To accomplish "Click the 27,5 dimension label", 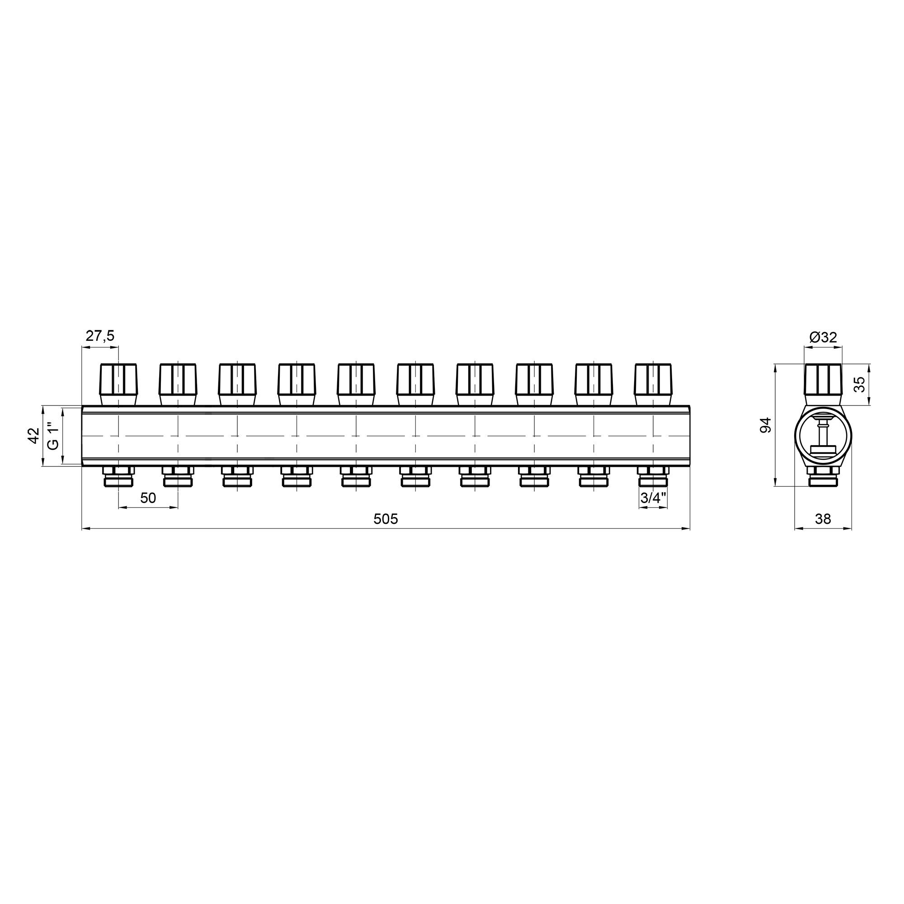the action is (99, 335).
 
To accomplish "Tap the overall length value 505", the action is (386, 518).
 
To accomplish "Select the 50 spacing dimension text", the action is (148, 498).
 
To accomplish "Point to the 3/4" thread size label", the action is (653, 498).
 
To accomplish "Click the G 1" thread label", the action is (54, 436).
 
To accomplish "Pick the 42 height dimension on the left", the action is (33, 436).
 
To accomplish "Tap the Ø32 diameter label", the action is (823, 337).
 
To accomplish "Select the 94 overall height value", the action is (766, 425).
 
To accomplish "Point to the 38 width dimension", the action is (823, 519).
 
